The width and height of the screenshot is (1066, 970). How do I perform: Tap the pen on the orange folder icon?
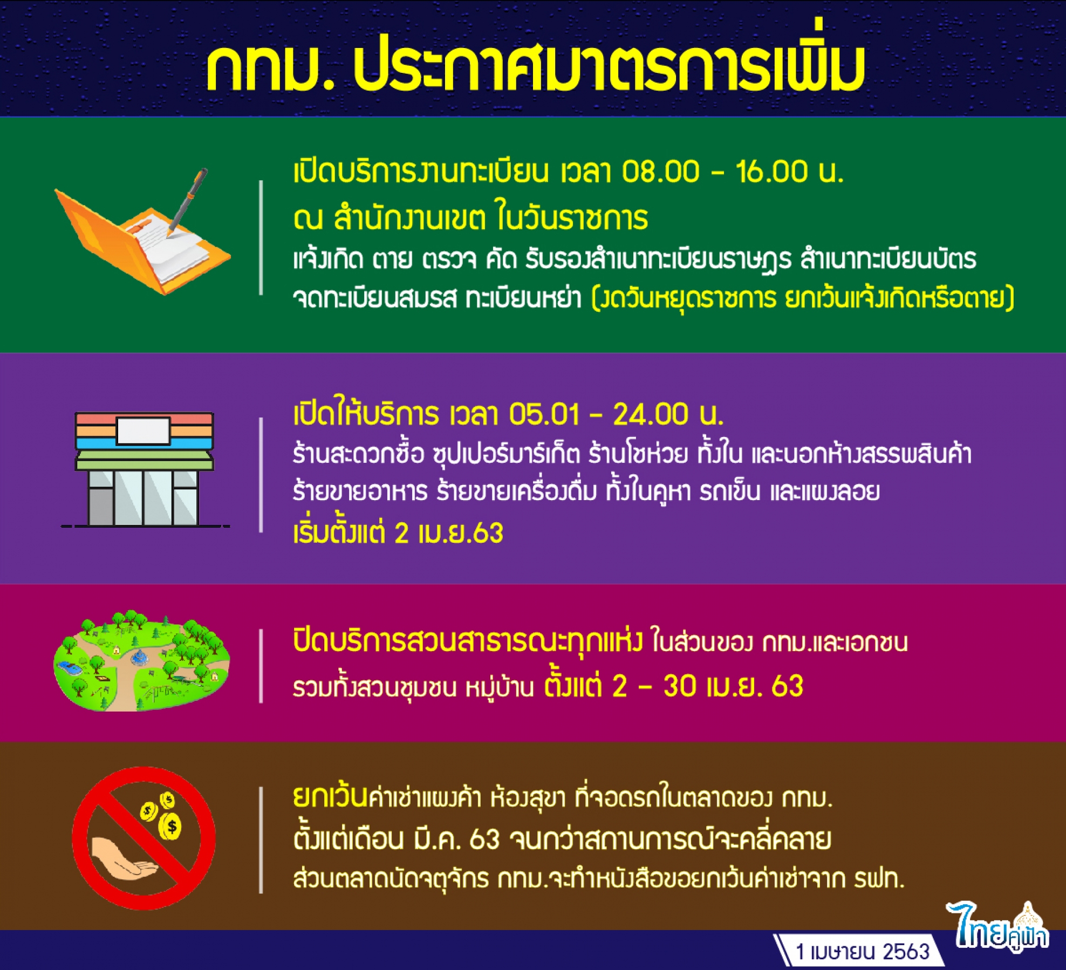point(187,201)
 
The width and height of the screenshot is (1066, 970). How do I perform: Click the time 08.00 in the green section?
point(661,172)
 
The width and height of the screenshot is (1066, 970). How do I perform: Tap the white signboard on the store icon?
point(143,431)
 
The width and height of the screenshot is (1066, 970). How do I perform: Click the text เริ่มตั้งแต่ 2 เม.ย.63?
point(398,533)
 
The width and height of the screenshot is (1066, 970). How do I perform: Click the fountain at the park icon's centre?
point(140,657)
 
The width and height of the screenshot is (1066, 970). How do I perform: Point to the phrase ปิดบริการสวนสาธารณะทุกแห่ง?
point(468,641)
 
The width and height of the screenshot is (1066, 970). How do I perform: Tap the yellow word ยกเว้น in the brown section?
point(330,797)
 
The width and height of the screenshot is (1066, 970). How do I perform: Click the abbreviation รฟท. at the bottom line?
point(879,879)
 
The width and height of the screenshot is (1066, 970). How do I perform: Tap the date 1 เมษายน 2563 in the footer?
point(863,951)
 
